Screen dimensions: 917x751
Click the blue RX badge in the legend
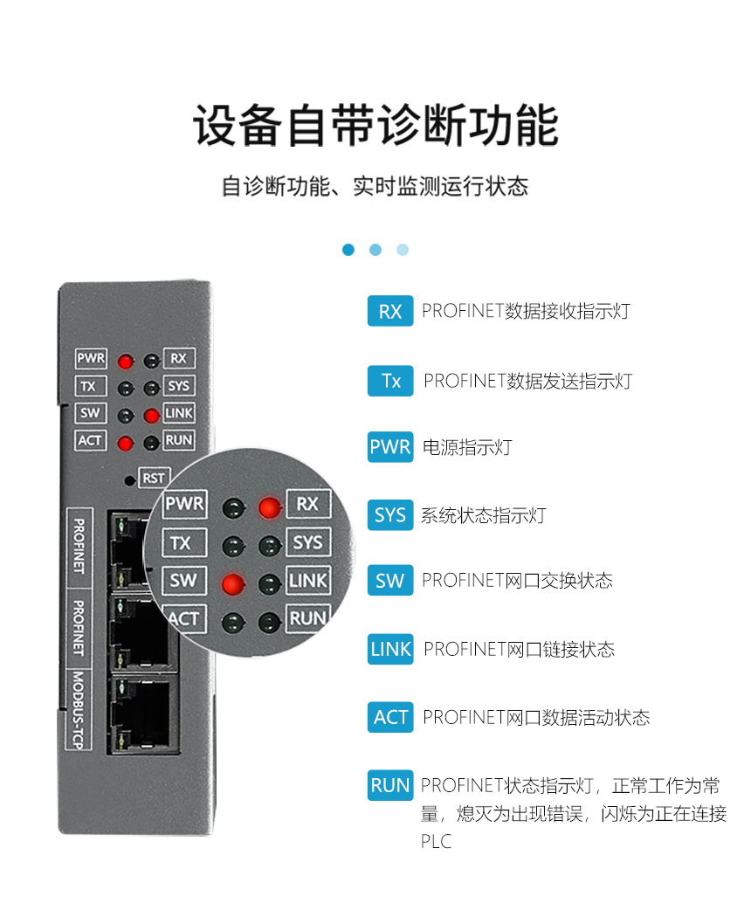(x=389, y=312)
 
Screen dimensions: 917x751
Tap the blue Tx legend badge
(x=390, y=381)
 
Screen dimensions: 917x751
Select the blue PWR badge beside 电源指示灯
(x=389, y=447)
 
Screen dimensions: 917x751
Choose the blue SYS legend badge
(x=389, y=515)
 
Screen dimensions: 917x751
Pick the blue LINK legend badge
(x=390, y=649)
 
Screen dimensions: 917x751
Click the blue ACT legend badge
(x=390, y=718)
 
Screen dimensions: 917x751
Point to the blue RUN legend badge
(x=389, y=785)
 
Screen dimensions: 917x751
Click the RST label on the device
(x=154, y=478)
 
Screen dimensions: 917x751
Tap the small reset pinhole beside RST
(x=130, y=479)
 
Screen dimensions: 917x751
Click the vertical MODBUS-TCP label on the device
(x=79, y=708)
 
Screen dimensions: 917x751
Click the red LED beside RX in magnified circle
(x=270, y=506)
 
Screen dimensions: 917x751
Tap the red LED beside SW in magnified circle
(x=231, y=583)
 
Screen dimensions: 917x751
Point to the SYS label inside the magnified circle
(x=307, y=542)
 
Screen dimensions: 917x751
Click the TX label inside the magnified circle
(x=181, y=543)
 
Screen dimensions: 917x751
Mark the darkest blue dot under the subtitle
(x=348, y=250)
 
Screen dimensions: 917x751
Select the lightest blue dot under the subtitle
(x=403, y=250)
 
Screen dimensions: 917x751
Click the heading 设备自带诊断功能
(x=375, y=128)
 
